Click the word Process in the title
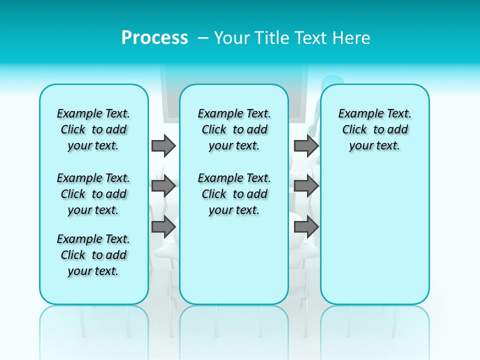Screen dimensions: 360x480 [x=154, y=38]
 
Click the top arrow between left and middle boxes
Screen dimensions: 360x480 [x=163, y=145]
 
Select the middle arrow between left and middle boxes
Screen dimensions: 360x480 [x=163, y=186]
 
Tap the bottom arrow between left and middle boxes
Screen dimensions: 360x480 [x=163, y=226]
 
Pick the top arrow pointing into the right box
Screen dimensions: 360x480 [x=306, y=145]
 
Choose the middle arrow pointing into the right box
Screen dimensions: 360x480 [x=306, y=186]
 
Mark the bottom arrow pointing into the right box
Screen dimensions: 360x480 [x=306, y=226]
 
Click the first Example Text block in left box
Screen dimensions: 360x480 [x=93, y=129]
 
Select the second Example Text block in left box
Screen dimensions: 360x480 [x=93, y=194]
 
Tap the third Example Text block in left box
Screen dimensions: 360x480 [x=93, y=255]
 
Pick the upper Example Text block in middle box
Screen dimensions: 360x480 [x=234, y=129]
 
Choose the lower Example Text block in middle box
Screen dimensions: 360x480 [x=234, y=194]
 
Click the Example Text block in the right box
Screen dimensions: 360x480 [x=374, y=129]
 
